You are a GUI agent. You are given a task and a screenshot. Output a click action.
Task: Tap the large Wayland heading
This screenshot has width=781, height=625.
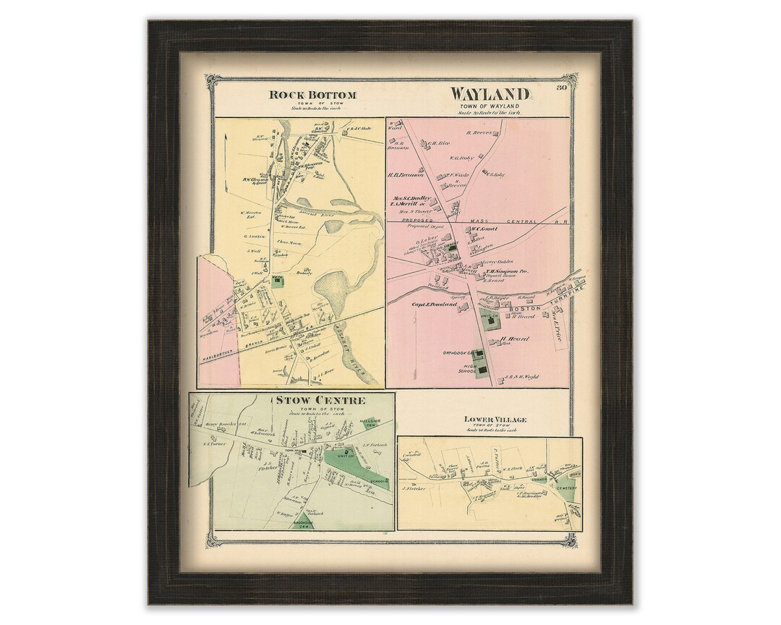tap(491, 95)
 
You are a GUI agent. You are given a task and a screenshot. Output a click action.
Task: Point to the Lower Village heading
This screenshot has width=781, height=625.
tap(495, 420)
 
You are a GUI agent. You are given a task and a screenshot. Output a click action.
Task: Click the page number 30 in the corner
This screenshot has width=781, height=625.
tap(563, 89)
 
